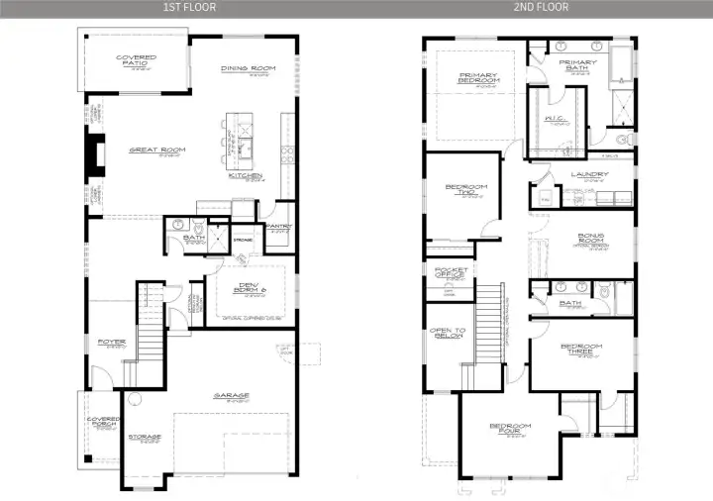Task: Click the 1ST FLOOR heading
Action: [188, 7]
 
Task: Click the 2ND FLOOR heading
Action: [540, 7]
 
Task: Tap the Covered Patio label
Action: [136, 61]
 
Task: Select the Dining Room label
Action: [248, 68]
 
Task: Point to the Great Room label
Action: [156, 150]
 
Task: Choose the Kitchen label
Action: [245, 177]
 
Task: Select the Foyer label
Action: [111, 343]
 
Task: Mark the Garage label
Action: [231, 396]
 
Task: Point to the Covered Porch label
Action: [103, 422]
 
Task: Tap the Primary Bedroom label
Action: [477, 78]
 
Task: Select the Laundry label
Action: [589, 175]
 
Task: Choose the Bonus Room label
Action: [590, 241]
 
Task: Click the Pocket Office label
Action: [447, 272]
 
